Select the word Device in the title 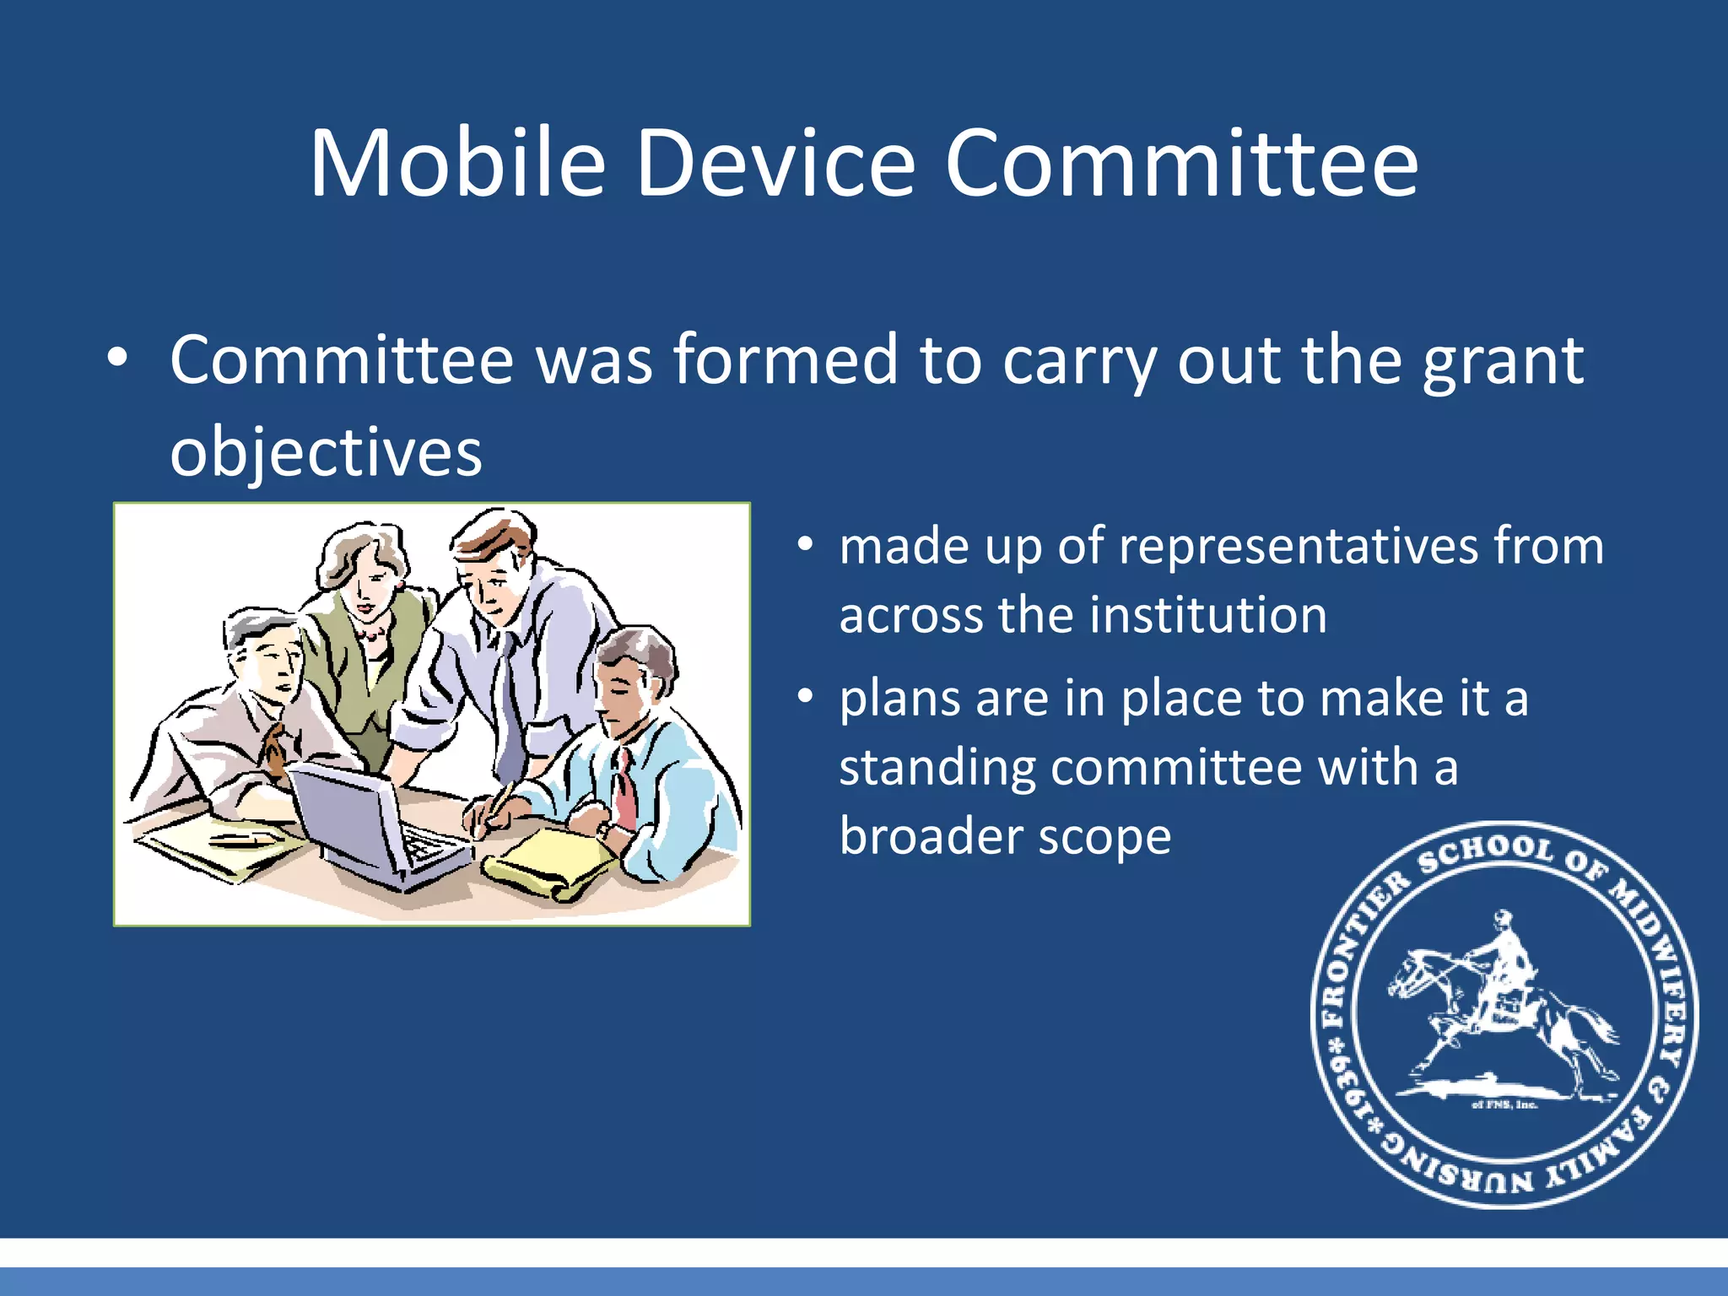point(775,164)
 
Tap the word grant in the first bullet point(1503,361)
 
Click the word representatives point(1298,547)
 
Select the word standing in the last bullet point(937,769)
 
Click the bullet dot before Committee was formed point(118,359)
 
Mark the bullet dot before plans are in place point(806,697)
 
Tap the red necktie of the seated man point(625,789)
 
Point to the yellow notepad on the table point(548,862)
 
